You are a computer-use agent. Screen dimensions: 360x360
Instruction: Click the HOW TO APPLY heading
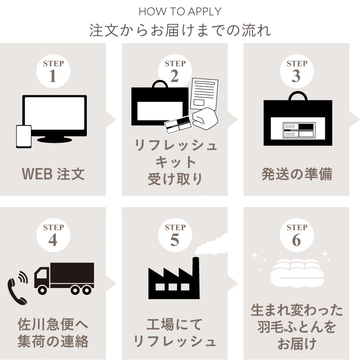(x=180, y=11)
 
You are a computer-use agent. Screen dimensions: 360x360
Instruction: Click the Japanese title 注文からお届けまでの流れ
(x=180, y=30)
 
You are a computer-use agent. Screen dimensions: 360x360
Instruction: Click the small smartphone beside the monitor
(x=24, y=136)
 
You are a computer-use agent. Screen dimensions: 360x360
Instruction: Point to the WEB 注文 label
(x=53, y=174)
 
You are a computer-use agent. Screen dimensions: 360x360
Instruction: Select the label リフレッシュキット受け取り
(x=174, y=162)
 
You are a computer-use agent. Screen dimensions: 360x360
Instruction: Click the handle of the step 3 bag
(x=296, y=97)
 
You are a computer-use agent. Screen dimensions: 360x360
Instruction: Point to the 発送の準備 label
(x=296, y=174)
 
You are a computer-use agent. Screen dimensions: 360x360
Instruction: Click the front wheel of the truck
(x=42, y=290)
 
